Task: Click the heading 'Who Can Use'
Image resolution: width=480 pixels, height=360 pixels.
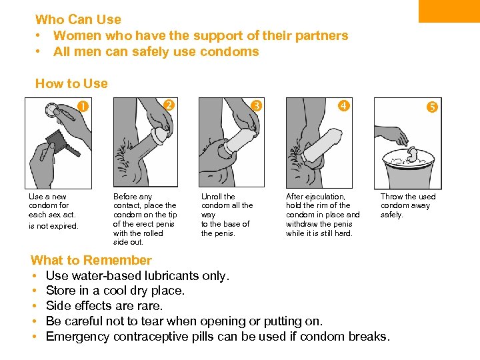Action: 78,19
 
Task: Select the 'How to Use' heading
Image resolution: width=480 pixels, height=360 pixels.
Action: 71,83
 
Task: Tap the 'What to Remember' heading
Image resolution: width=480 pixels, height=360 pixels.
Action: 91,260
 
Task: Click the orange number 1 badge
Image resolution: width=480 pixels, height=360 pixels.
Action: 83,106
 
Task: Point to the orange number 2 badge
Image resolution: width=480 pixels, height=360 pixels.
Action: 169,105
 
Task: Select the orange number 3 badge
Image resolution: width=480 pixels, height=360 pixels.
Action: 256,105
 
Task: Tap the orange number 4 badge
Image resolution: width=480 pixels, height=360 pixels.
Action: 343,105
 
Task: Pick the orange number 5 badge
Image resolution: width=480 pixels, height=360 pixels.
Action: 432,107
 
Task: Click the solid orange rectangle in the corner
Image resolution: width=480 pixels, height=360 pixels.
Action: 449,11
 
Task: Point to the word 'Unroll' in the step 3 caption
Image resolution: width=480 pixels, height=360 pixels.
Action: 211,197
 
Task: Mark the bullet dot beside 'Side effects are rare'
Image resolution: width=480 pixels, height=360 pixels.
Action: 34,305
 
